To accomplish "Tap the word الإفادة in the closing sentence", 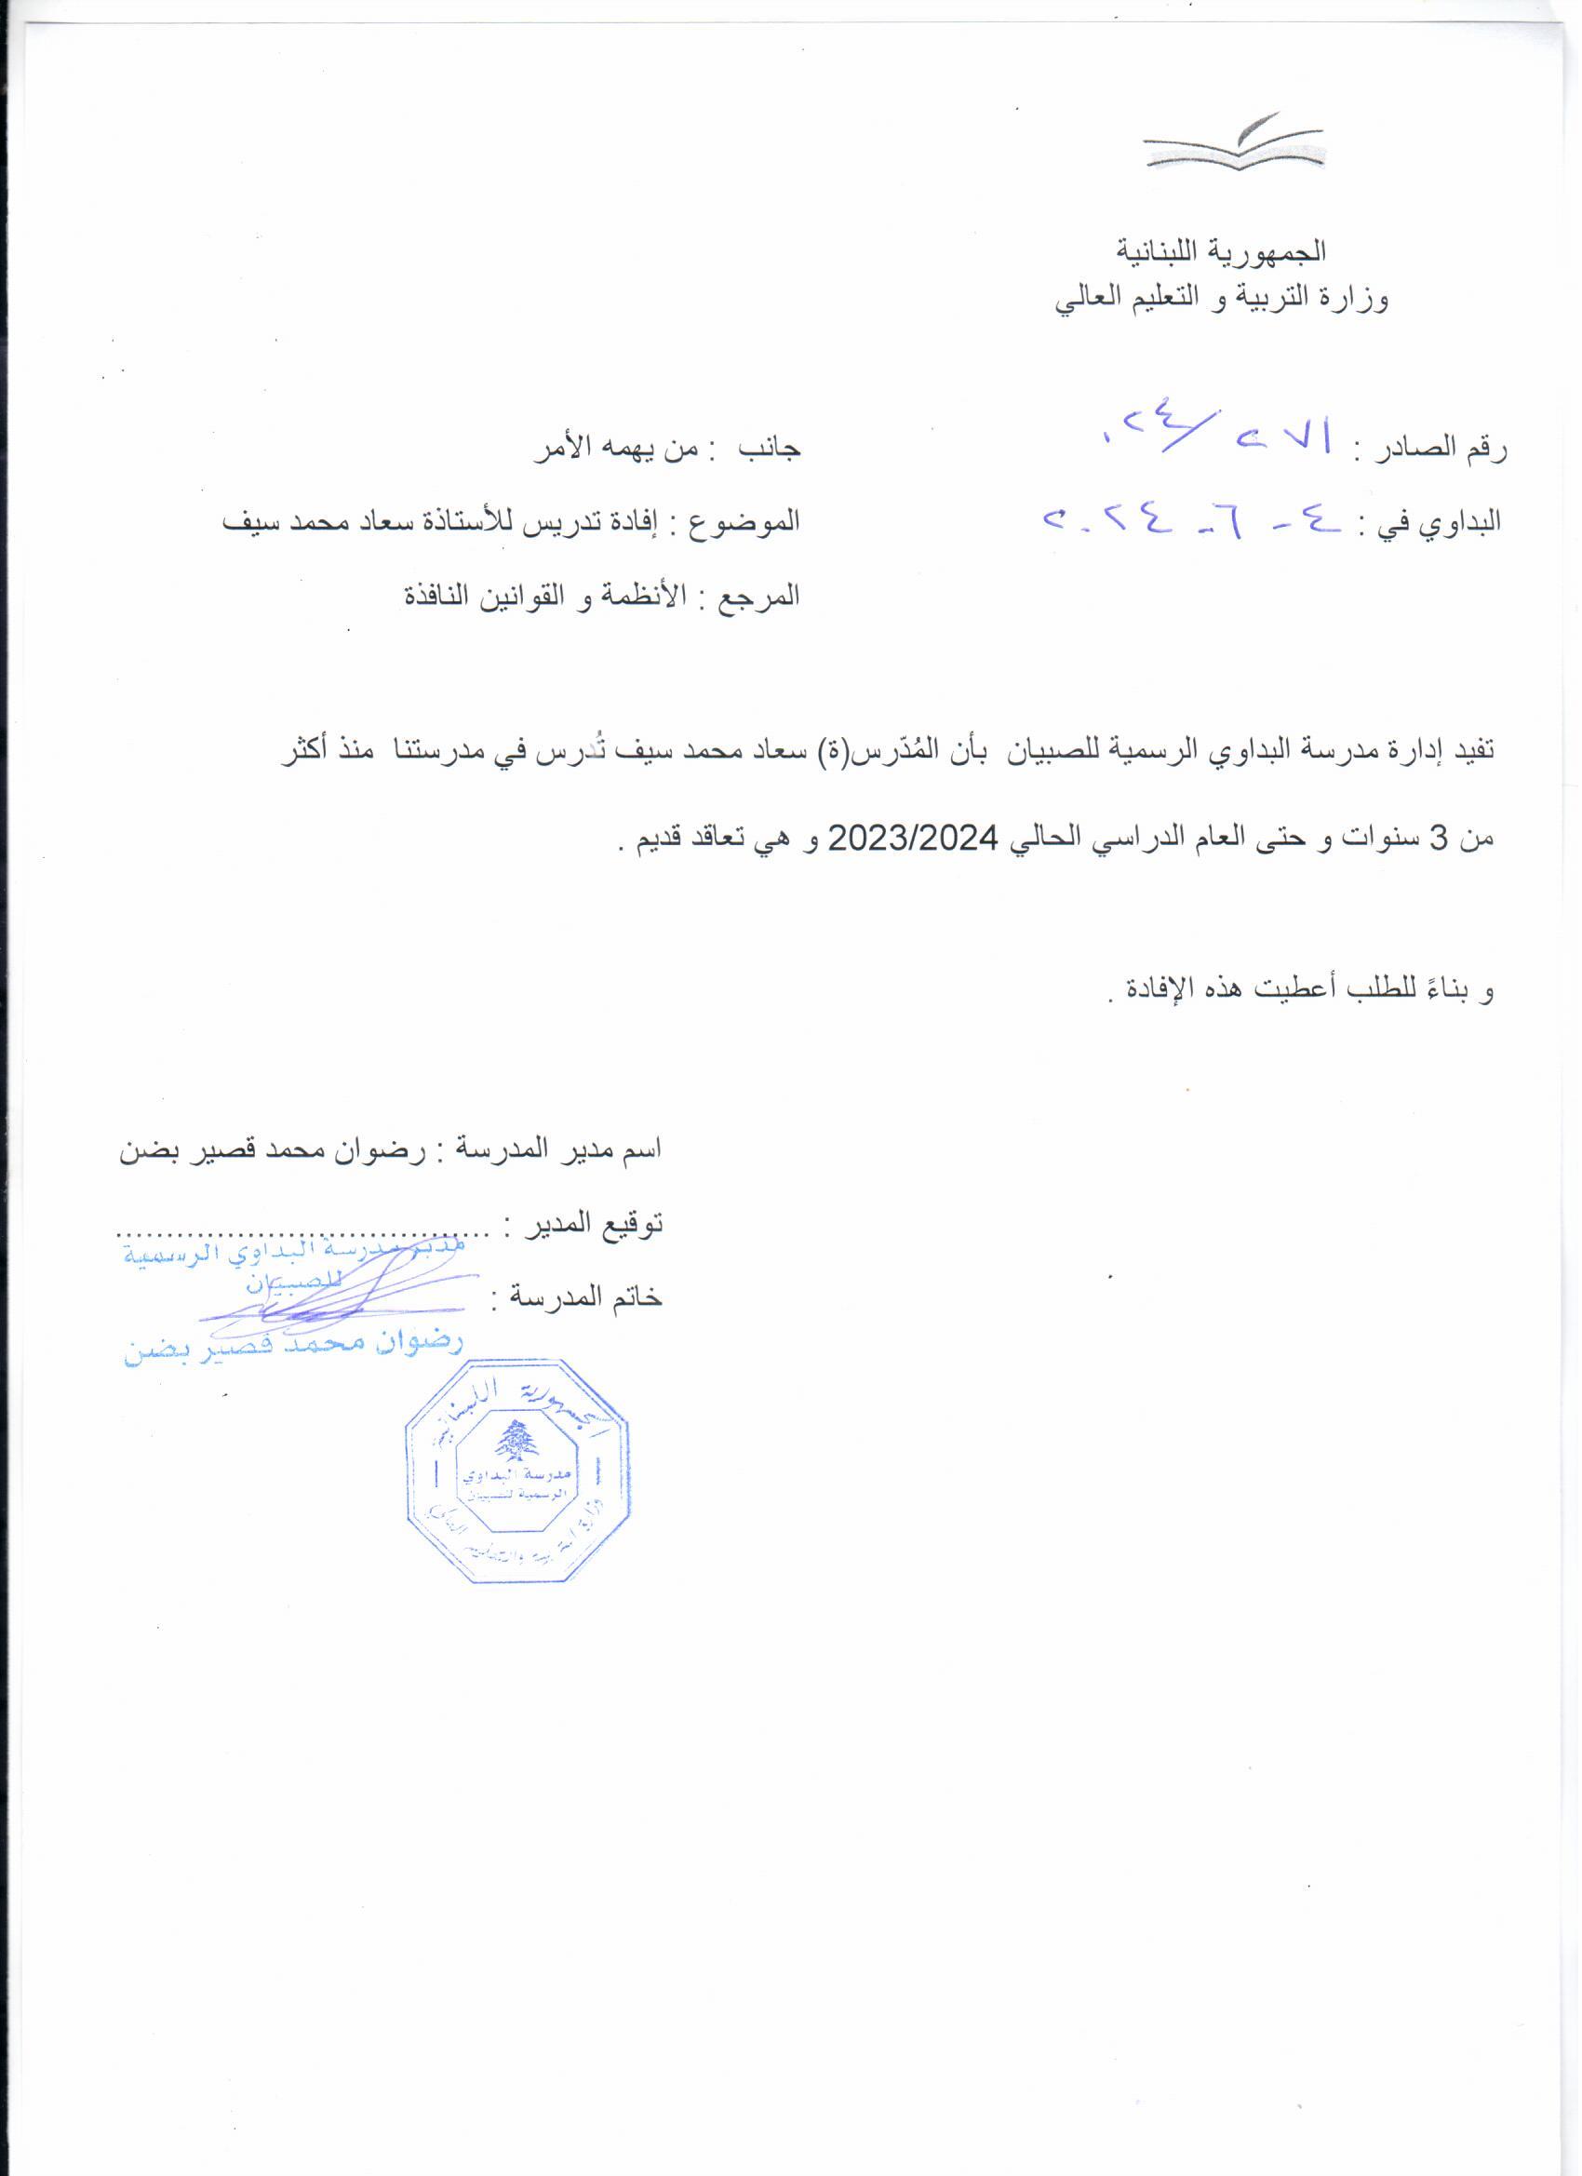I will [x=1151, y=991].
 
